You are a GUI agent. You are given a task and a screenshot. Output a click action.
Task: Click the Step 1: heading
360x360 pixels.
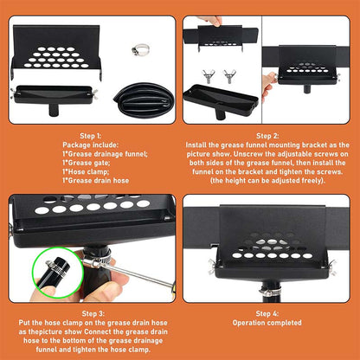(x=90, y=135)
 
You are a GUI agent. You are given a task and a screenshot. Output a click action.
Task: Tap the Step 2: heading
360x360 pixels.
(x=269, y=135)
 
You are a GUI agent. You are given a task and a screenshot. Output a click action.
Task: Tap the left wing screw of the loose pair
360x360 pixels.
(x=208, y=76)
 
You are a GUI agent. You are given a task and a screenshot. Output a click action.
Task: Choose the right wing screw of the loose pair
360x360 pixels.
(x=230, y=76)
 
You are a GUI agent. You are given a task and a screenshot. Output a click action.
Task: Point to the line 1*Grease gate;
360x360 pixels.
(x=90, y=163)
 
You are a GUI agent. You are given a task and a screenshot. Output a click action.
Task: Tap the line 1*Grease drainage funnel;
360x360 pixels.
(x=90, y=155)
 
